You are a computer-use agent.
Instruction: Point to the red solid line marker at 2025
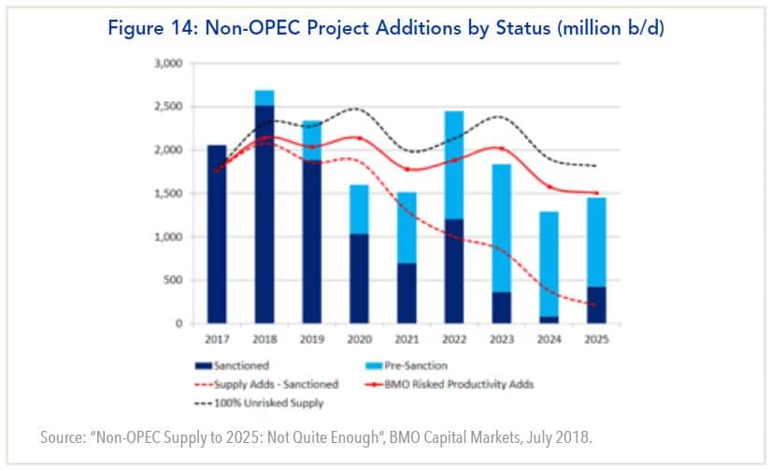tap(593, 193)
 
